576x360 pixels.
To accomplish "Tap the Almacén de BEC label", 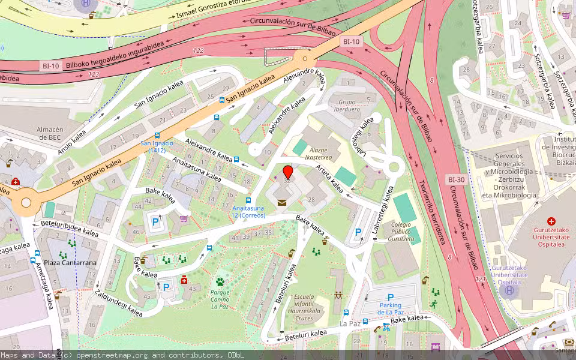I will pos(50,133).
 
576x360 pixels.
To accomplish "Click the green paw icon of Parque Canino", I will pos(220,281).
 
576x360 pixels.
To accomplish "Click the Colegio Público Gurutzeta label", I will pos(402,232).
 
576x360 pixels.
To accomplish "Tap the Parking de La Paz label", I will pos(391,308).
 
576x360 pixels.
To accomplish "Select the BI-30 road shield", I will pos(457,179).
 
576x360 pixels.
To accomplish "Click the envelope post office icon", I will pos(282,202).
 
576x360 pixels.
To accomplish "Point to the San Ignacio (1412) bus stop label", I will pos(157,146).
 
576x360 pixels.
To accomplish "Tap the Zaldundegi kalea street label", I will pos(118,302).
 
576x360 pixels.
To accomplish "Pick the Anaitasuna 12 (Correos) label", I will pos(248,211).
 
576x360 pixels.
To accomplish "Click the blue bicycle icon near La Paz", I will pos(386,327).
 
